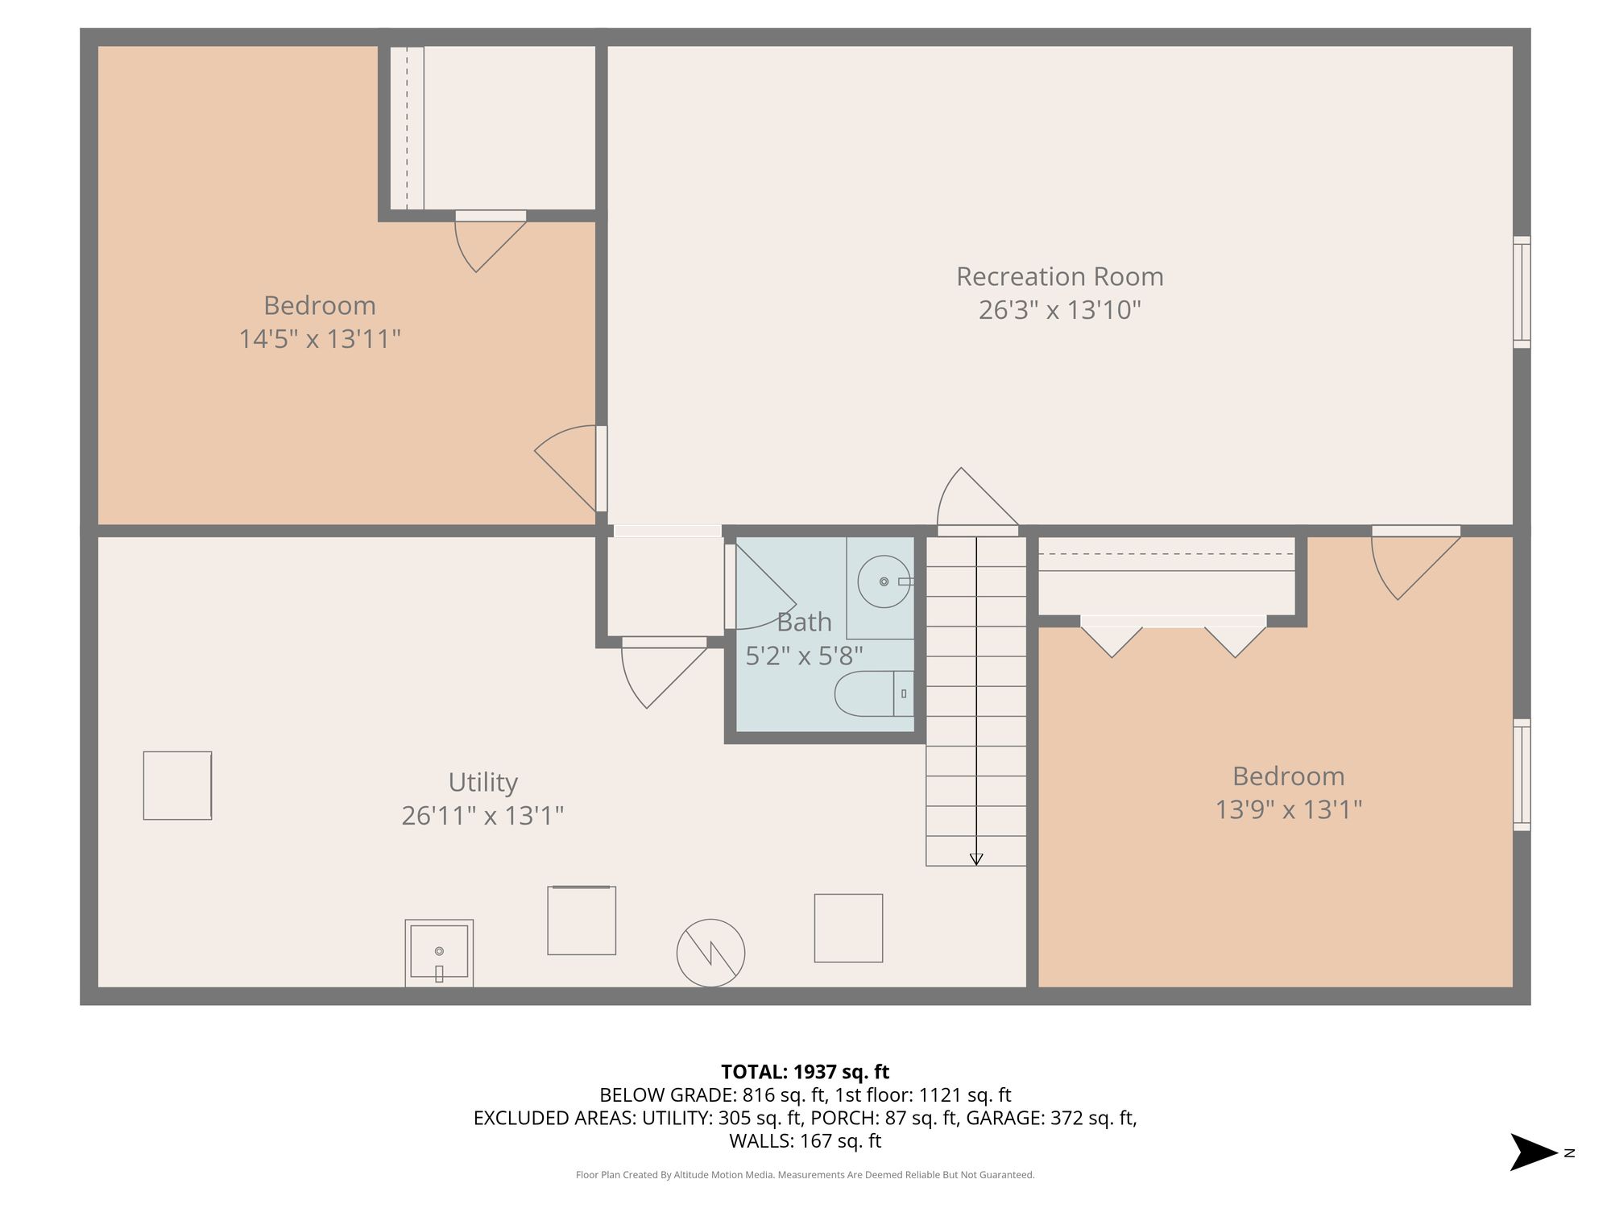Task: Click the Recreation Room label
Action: coord(1059,277)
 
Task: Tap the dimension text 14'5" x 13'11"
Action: coord(320,339)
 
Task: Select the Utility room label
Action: coord(482,783)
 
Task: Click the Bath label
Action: coord(804,623)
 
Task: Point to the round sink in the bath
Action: coord(884,581)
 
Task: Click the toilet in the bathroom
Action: coord(874,693)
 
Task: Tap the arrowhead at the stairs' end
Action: coord(976,859)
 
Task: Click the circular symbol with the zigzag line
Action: coord(710,954)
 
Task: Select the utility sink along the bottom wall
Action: coord(439,954)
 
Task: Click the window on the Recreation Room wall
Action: coord(1522,292)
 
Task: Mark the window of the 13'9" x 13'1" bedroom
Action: coord(1522,775)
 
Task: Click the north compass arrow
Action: coord(1533,1152)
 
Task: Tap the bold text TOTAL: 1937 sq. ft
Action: coord(805,1072)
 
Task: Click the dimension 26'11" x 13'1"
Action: coord(482,816)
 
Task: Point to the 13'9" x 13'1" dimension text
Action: coord(1288,809)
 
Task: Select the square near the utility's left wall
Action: coord(177,786)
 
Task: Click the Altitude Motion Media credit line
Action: coord(805,1175)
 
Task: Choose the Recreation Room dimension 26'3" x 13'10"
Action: coord(1059,310)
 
